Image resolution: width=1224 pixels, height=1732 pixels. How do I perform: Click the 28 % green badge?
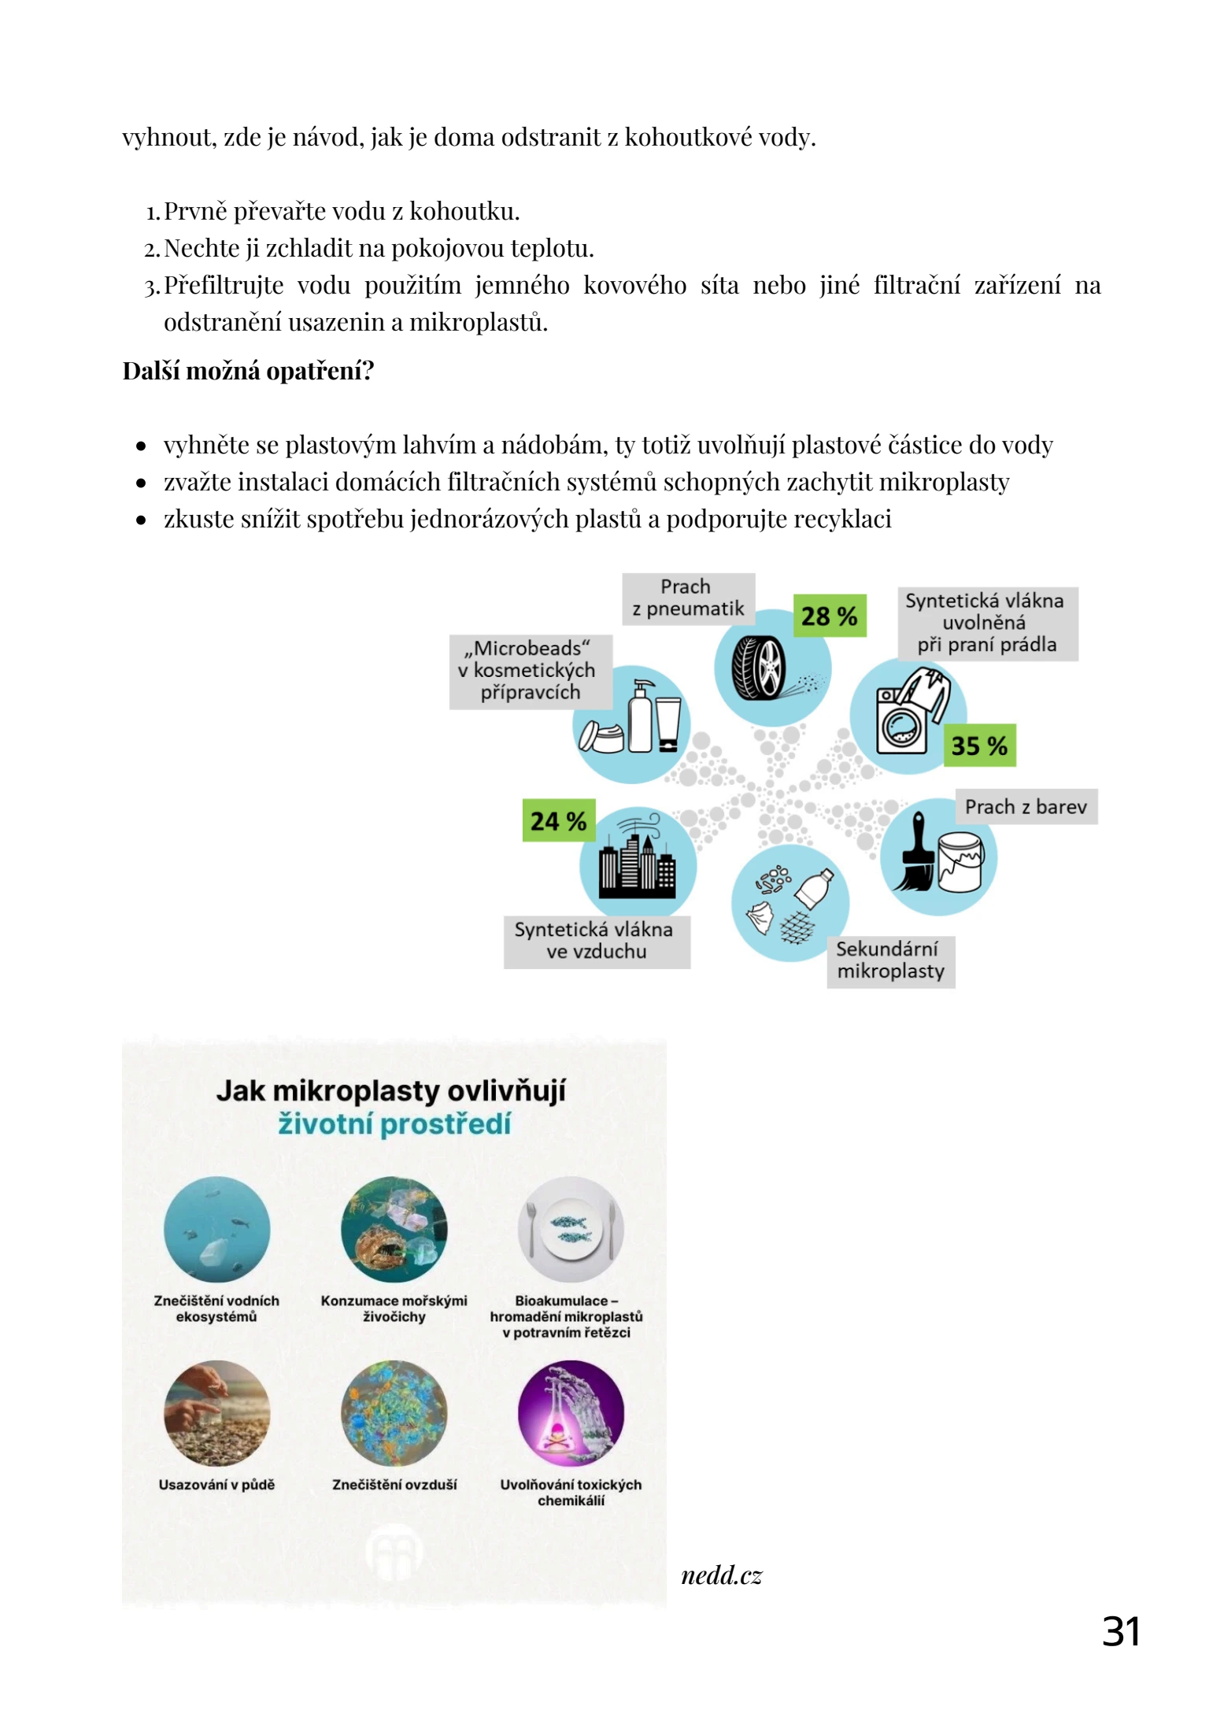[828, 616]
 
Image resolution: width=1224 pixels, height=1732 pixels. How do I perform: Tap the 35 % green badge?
[978, 745]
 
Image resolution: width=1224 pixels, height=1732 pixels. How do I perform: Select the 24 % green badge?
[558, 820]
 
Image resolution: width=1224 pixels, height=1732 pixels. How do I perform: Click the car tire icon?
[760, 668]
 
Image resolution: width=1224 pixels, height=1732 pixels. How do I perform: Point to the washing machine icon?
[903, 720]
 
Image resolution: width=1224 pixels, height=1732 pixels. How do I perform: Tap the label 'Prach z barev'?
[1025, 807]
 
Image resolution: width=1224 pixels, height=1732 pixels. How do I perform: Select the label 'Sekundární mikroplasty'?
[890, 960]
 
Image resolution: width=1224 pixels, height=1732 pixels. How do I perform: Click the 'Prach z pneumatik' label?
[688, 598]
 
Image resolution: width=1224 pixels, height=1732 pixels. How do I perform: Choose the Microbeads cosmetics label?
[530, 671]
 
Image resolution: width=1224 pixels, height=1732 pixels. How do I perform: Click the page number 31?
[1121, 1631]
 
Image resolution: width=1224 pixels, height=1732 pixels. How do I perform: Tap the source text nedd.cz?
[721, 1575]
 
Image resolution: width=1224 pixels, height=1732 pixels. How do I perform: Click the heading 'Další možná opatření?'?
[248, 370]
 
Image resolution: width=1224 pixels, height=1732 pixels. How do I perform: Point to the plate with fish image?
[571, 1229]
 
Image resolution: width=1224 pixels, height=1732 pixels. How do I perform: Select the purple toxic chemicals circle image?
[571, 1413]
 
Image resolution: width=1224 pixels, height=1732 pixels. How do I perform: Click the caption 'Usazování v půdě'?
[216, 1484]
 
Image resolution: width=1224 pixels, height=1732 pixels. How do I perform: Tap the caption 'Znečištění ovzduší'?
[394, 1484]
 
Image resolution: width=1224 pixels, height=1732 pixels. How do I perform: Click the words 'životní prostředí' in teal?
[394, 1123]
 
